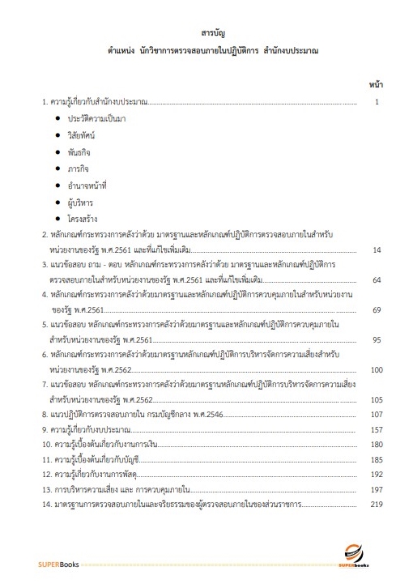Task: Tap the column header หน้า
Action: [376, 84]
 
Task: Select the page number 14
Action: [376, 249]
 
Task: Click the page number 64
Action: [376, 279]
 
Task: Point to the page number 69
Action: [376, 309]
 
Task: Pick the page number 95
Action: [376, 339]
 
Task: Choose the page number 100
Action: [375, 369]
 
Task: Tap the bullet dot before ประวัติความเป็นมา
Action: [58, 117]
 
